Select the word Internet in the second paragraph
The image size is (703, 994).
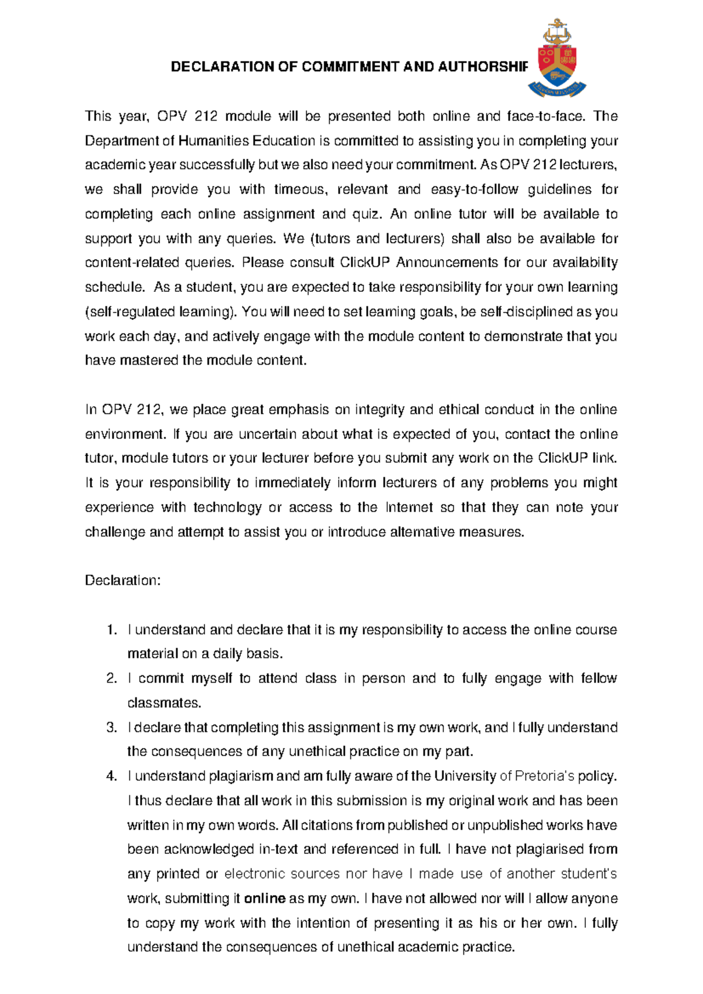(409, 508)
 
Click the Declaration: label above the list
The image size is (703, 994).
(122, 581)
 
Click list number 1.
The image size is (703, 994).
(112, 630)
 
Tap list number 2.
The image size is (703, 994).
(112, 679)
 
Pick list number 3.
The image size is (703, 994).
(112, 728)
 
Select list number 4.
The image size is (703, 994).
(112, 777)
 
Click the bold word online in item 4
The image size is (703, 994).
(264, 899)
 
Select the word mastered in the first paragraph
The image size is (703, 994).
(148, 360)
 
